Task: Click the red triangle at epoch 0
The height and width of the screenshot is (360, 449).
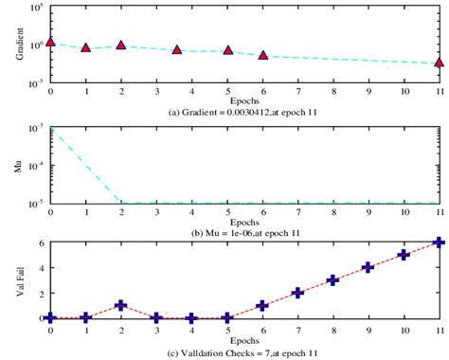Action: pos(50,43)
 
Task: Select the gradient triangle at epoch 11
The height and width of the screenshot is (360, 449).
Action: pos(440,63)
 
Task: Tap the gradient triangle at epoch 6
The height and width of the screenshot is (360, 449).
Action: pos(262,56)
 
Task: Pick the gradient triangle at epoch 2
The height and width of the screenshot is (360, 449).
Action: pos(121,45)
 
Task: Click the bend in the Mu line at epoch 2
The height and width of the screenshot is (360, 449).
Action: pos(121,202)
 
